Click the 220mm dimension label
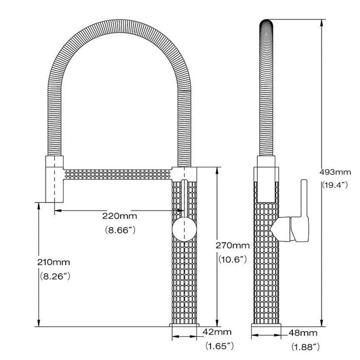(x=119, y=216)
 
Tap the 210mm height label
(x=54, y=262)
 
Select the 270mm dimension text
(x=232, y=246)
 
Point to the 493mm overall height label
(x=335, y=172)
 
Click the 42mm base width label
(x=217, y=332)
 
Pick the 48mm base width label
(x=303, y=333)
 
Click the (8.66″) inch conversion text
(x=120, y=230)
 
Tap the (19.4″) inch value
(x=335, y=185)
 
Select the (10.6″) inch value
(x=232, y=260)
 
